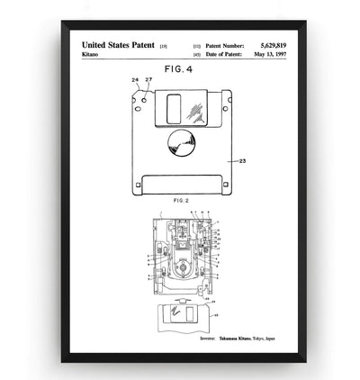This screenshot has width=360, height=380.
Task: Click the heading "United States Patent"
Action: [118, 43]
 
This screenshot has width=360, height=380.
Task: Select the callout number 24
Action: [134, 80]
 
